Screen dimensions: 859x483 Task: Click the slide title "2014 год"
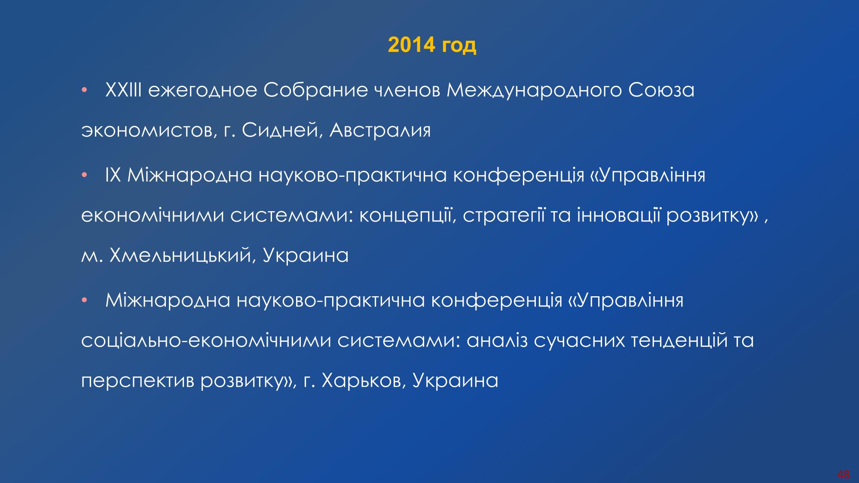pos(432,45)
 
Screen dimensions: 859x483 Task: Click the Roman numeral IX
pos(113,176)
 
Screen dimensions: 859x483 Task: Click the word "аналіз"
pos(496,341)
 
